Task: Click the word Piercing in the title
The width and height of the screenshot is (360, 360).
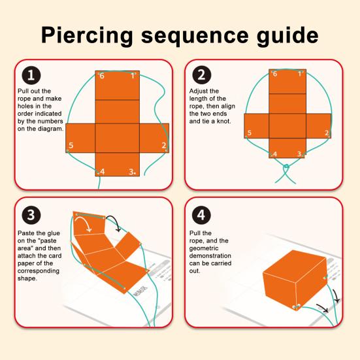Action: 87,36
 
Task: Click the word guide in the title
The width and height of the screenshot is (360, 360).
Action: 287,36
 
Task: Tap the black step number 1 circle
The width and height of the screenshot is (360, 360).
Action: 31,75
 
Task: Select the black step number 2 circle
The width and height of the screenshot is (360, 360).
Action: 201,75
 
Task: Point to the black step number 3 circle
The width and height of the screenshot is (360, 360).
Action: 31,215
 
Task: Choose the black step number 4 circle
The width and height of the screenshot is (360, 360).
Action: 201,215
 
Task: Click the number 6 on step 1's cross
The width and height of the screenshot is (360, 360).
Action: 102,76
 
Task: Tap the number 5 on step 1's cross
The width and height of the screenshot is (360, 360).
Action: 71,145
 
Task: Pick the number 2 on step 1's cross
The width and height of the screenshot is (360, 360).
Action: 164,145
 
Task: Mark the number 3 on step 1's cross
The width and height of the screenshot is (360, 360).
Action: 131,171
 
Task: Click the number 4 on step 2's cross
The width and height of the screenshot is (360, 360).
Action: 275,154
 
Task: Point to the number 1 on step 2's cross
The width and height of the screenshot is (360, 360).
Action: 300,74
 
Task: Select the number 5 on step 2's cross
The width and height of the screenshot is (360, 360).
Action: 250,133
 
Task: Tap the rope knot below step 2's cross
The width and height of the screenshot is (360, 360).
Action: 286,167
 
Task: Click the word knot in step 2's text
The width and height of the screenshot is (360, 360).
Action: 223,122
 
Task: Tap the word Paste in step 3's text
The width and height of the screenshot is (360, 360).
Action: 26,233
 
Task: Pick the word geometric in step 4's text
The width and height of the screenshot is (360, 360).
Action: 204,249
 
